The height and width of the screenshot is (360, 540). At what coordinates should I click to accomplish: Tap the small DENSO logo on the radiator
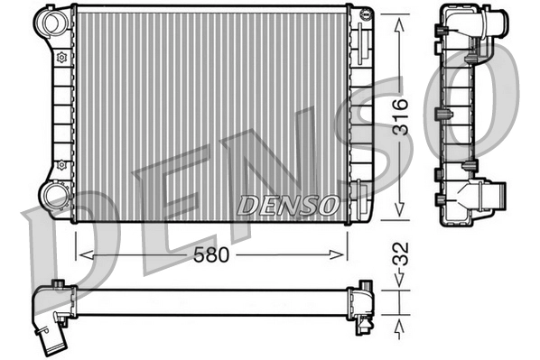point(288,205)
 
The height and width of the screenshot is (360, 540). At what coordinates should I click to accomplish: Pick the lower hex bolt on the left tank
point(61,165)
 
